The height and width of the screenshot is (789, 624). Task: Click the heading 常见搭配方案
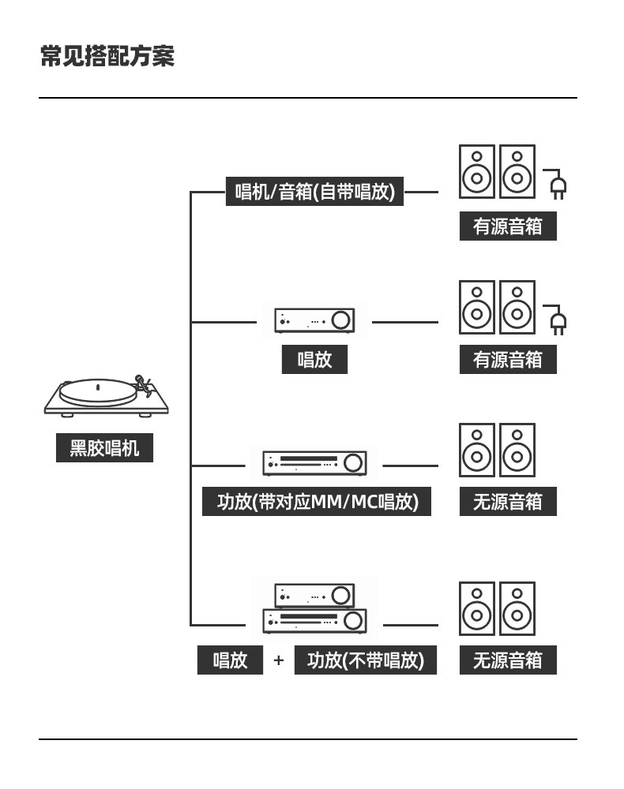107,55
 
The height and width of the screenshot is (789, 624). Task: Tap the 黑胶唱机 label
104,447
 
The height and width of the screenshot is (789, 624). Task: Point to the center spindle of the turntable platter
98,387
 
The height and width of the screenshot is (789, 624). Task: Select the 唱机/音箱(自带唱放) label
315,191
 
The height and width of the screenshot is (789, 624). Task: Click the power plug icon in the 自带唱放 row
556,184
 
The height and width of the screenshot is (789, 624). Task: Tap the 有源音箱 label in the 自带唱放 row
508,226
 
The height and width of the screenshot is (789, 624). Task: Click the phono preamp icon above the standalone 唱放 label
314,320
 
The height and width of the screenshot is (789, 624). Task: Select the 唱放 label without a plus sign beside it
314,359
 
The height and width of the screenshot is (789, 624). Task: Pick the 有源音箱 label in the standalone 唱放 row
508,359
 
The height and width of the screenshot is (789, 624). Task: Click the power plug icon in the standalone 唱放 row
556,320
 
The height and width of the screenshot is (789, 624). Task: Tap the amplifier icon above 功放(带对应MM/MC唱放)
314,463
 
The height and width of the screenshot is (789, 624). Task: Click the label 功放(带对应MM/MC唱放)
317,501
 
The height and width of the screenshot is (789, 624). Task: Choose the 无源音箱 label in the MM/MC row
508,501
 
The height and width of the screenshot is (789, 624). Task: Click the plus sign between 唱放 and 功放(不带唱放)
279,660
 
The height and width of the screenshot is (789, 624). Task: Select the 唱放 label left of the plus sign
230,660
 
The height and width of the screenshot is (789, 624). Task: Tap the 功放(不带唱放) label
366,660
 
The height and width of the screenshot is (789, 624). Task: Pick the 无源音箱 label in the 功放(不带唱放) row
508,660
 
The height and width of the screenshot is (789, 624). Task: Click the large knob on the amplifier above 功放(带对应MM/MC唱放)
353,463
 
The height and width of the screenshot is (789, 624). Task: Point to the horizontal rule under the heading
308,98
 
